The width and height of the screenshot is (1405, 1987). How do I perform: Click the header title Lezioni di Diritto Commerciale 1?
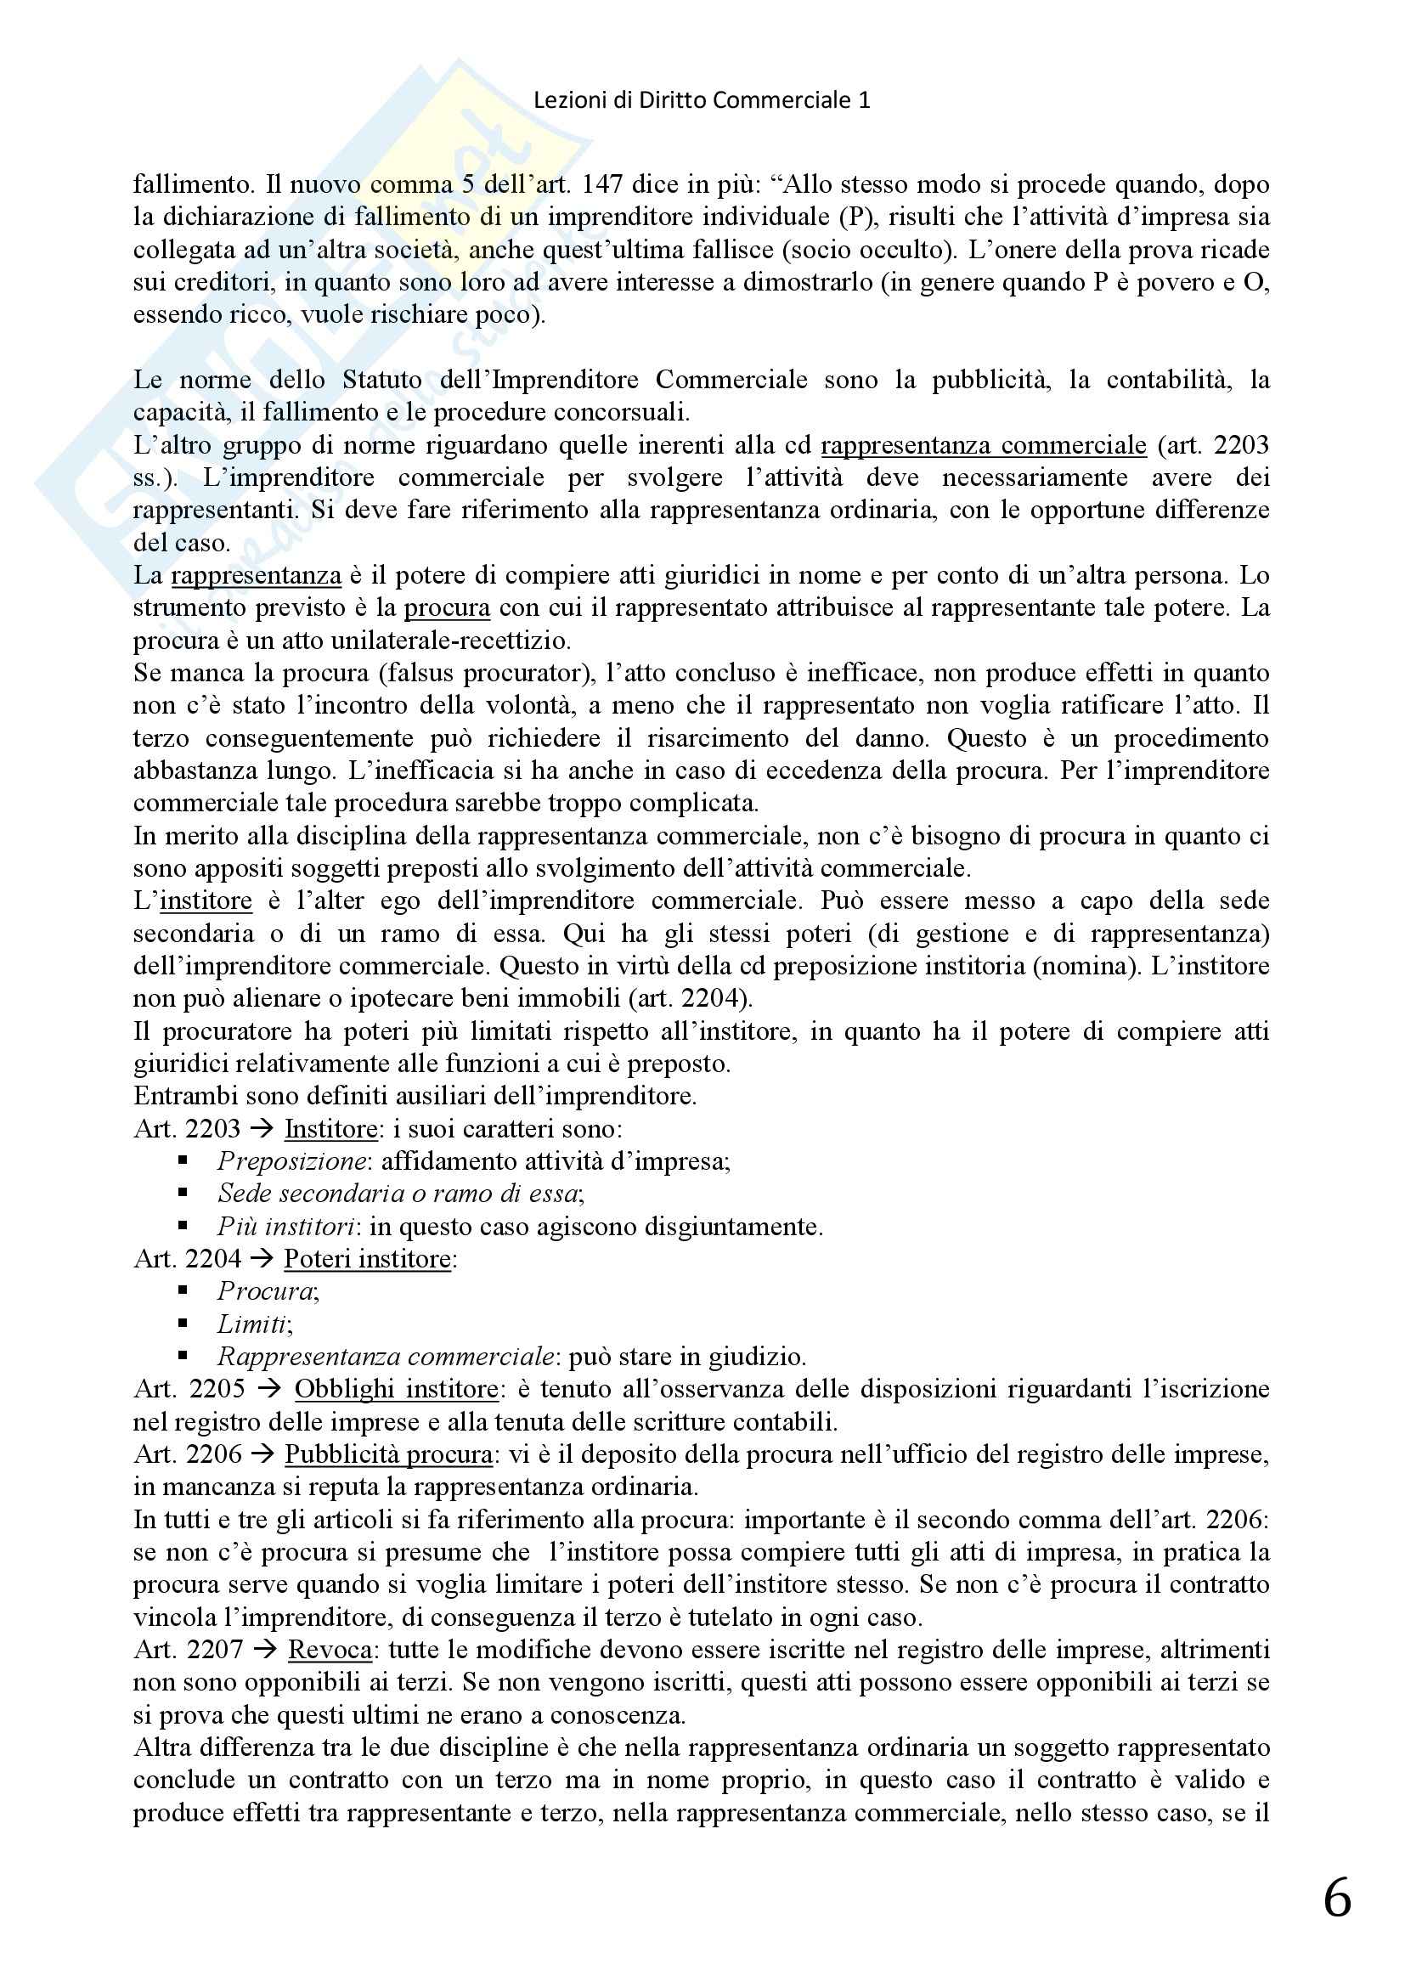click(x=702, y=100)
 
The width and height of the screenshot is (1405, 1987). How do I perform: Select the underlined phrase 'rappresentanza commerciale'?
click(x=984, y=446)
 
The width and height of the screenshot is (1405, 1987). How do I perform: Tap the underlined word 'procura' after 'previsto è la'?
click(x=447, y=607)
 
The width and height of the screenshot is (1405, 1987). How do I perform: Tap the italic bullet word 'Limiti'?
click(x=252, y=1324)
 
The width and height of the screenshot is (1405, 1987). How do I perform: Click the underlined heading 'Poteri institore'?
click(x=368, y=1258)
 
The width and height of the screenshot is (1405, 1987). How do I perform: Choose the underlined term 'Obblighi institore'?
click(x=396, y=1389)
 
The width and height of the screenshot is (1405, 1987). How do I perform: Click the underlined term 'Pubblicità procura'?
click(x=388, y=1454)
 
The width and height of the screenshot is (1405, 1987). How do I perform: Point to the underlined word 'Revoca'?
click(x=330, y=1650)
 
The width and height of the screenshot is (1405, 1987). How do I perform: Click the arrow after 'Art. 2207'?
click(x=266, y=1650)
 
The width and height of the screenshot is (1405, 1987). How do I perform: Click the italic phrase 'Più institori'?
click(x=285, y=1227)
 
